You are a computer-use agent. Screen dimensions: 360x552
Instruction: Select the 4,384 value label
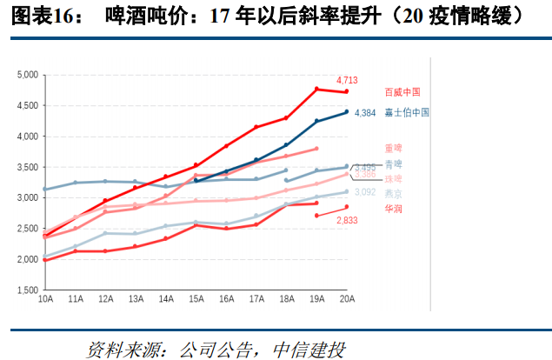coord(365,113)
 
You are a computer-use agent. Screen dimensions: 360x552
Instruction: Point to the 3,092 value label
coord(365,192)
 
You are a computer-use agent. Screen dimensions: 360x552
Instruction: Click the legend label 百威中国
coord(402,92)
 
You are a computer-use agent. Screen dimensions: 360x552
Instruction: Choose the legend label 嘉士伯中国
coord(407,113)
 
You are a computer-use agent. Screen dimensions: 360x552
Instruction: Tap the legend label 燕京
coord(394,193)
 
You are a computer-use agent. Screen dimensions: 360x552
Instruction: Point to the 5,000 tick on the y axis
coord(28,76)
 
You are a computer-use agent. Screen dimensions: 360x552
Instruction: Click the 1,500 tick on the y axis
coord(28,290)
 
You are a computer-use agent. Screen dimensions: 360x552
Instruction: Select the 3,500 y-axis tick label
coord(28,168)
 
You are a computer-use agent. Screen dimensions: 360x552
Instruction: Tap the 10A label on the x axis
coord(44,300)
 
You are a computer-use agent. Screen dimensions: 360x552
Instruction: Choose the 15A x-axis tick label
coord(196,300)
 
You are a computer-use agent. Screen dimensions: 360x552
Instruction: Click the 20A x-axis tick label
coord(347,300)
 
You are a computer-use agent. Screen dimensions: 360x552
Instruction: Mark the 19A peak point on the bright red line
coord(316,89)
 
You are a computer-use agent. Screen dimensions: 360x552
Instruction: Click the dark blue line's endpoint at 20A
coord(347,111)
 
